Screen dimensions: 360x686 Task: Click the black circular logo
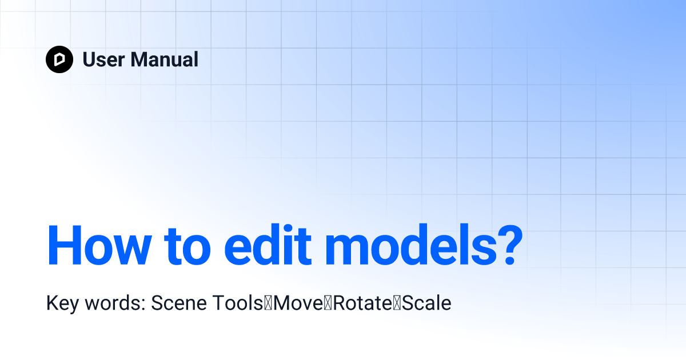click(x=59, y=59)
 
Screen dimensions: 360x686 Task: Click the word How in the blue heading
click(x=99, y=246)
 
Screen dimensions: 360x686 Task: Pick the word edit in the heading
click(x=268, y=246)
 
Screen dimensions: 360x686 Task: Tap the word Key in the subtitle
click(x=62, y=303)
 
